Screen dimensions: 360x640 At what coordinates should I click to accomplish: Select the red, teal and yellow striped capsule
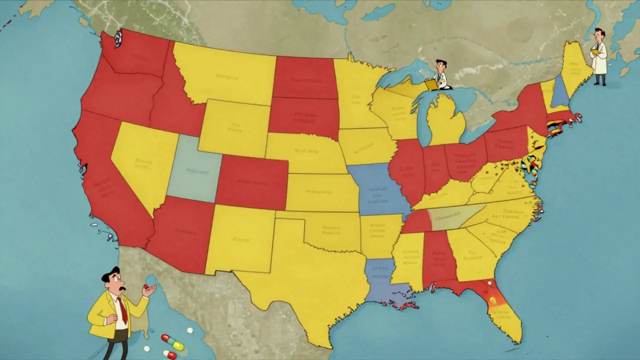pos(172,342)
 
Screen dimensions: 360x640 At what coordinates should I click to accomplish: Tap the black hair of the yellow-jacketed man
pos(110,274)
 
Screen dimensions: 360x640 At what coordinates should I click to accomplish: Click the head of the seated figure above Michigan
pos(440,65)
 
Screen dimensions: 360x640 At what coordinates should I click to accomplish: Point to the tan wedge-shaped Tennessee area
pos(450,217)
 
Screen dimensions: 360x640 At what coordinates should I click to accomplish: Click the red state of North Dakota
pos(304,77)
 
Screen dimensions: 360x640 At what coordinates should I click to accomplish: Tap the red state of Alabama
pos(435,257)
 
